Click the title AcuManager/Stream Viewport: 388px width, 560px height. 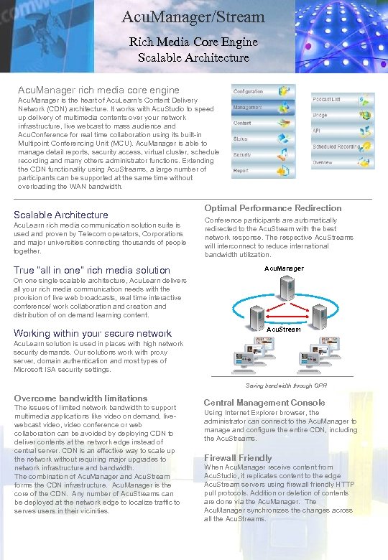[x=193, y=17]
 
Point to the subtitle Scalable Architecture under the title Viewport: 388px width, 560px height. [x=193, y=57]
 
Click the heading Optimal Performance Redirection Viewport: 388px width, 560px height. [x=272, y=208]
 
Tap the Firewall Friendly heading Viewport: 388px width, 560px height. [x=238, y=458]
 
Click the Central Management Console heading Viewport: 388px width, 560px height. [x=264, y=403]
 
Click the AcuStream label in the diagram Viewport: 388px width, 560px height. [x=283, y=329]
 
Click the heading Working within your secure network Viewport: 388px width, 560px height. [x=93, y=333]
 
